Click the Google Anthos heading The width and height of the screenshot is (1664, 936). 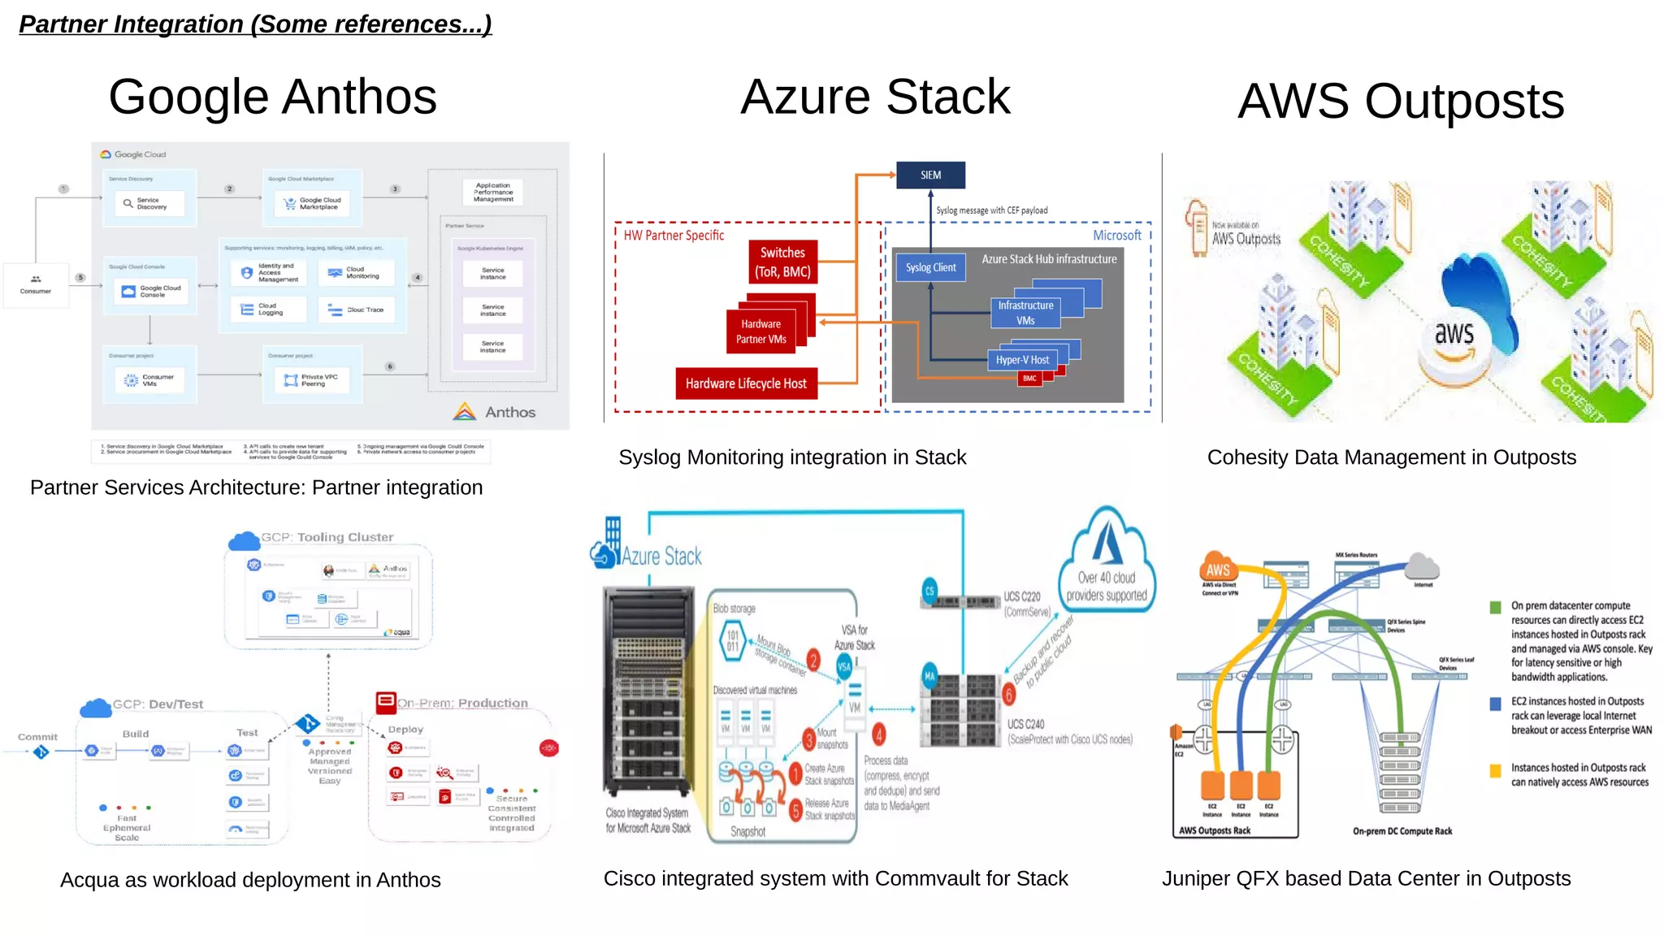click(272, 97)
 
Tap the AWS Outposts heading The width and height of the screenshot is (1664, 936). click(1400, 102)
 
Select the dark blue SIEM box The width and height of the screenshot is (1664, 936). click(930, 175)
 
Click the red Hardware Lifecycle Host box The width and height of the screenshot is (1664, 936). click(745, 383)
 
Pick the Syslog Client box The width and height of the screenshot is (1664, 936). click(930, 267)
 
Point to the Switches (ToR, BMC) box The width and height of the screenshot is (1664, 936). click(782, 262)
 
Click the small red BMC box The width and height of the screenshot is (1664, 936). click(1029, 379)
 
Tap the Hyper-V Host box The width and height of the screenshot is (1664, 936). click(1021, 360)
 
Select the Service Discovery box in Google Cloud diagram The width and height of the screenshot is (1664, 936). click(149, 203)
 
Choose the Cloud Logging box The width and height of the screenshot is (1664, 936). click(267, 310)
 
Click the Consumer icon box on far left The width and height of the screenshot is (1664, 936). click(36, 284)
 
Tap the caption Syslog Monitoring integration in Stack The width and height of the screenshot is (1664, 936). click(792, 457)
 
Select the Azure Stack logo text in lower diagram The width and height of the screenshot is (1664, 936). click(661, 557)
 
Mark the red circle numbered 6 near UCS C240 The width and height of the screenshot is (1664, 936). click(1008, 695)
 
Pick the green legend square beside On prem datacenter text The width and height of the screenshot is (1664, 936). click(1495, 607)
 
